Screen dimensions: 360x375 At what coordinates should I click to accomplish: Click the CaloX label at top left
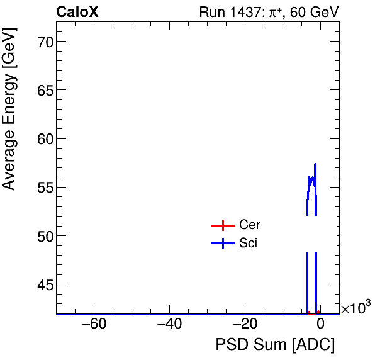click(x=77, y=12)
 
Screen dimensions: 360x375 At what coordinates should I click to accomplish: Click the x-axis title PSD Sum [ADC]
click(x=275, y=345)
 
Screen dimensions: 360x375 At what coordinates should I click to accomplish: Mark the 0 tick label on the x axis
click(x=320, y=325)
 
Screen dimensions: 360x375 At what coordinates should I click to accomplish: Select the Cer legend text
click(x=250, y=225)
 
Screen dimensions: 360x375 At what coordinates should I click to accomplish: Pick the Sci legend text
click(x=249, y=244)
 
